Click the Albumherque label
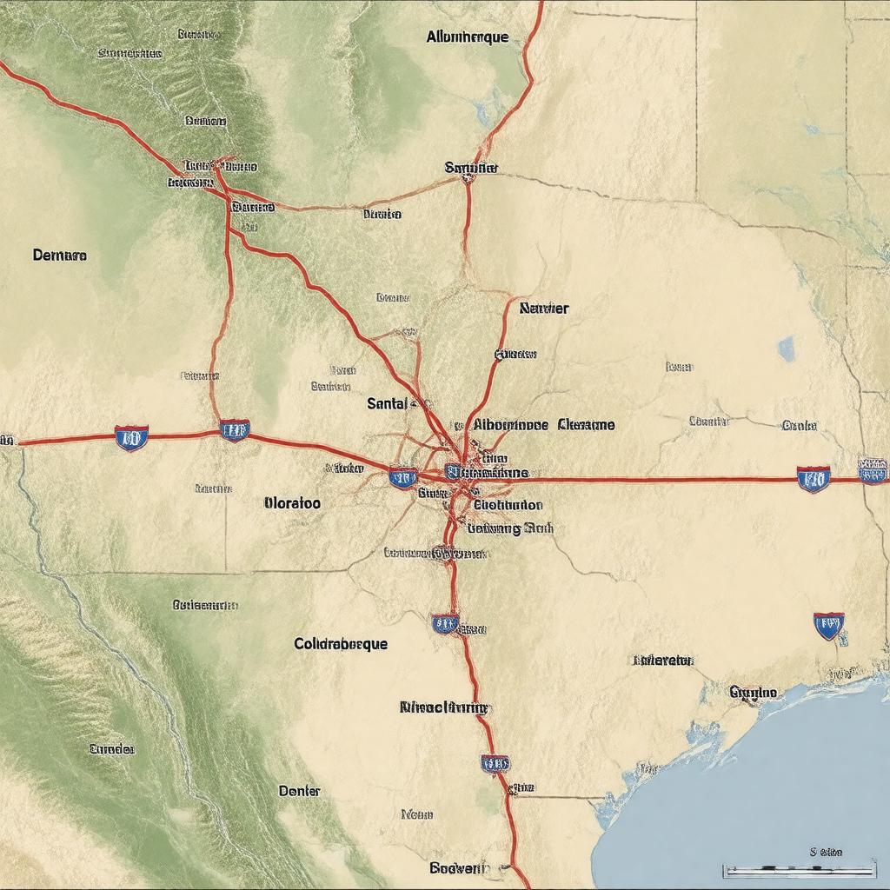click(x=468, y=37)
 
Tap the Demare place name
click(x=59, y=256)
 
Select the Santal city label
click(x=388, y=403)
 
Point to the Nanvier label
click(x=544, y=308)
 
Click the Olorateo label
click(x=291, y=503)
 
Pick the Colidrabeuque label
click(x=341, y=644)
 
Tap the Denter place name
click(x=299, y=791)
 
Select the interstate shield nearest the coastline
click(x=828, y=625)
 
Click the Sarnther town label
click(x=470, y=167)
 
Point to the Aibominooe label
click(x=511, y=425)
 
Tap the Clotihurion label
click(x=508, y=504)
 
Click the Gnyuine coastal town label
click(x=754, y=692)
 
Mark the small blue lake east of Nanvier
click(x=787, y=349)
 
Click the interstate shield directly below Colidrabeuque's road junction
click(x=445, y=622)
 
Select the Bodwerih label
click(x=460, y=867)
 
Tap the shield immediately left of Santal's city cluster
click(x=402, y=476)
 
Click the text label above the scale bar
click(x=825, y=853)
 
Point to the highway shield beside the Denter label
click(x=495, y=763)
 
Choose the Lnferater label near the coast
click(x=663, y=661)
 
